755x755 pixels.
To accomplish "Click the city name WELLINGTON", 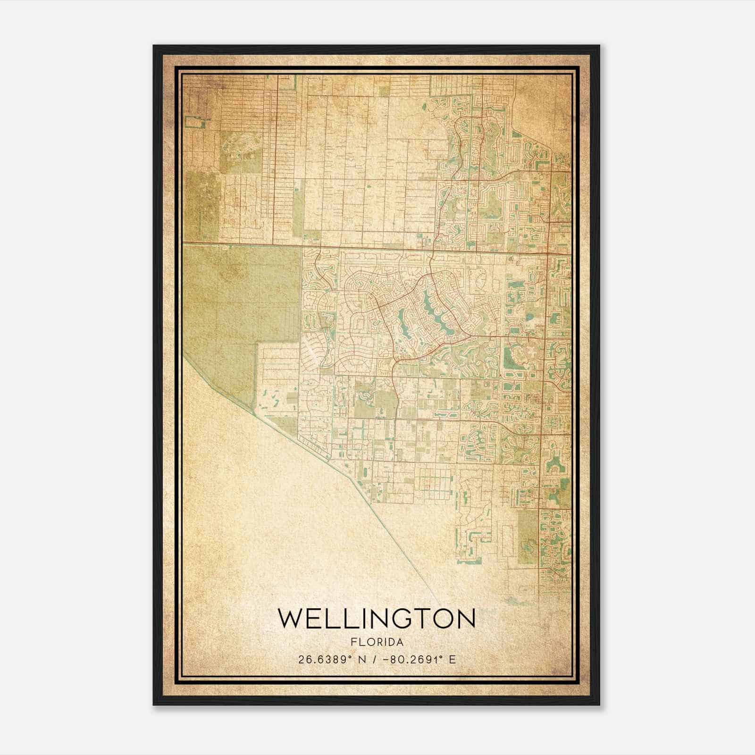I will click(377, 619).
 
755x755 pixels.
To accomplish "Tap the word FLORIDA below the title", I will click(377, 642).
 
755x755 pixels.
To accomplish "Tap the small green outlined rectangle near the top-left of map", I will click(197, 123).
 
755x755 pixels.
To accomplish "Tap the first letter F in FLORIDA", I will click(353, 642).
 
